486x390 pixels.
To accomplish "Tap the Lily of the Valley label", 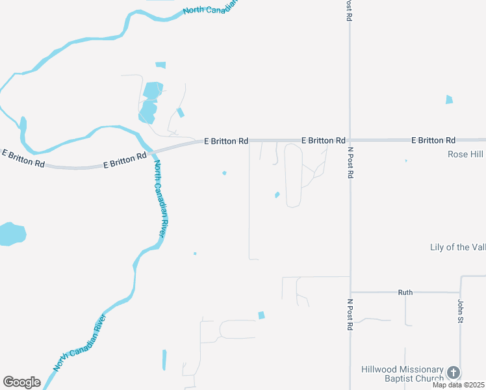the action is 457,247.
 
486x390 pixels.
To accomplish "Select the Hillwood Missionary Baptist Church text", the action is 403,373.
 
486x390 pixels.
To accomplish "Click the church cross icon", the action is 453,373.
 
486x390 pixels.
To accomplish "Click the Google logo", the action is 21,382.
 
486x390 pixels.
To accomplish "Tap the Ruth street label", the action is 405,292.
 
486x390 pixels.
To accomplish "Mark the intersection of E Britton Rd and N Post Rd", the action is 350,140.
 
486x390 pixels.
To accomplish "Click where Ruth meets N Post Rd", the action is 350,292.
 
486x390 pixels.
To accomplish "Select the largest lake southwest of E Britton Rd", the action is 11,234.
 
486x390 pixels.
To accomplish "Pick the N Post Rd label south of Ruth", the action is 350,315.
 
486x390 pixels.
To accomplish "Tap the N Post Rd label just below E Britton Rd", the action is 350,163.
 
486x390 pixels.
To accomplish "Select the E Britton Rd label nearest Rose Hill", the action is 433,140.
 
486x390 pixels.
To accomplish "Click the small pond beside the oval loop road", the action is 277,194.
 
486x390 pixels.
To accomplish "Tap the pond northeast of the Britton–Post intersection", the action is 448,99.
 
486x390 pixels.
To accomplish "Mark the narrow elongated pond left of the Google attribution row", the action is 164,359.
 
